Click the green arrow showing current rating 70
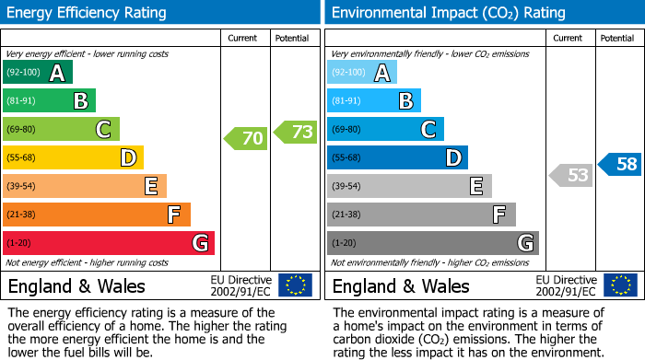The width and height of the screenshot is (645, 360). click(245, 139)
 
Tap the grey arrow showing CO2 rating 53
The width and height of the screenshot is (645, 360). click(570, 175)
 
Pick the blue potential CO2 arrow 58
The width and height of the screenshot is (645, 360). click(620, 165)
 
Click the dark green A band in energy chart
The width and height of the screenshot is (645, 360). click(38, 73)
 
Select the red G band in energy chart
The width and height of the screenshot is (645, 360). click(109, 243)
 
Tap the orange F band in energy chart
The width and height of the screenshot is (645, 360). click(97, 215)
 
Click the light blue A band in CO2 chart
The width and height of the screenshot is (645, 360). click(362, 73)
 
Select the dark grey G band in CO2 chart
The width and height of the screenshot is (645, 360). click(433, 243)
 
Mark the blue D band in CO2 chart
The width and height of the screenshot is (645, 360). click(397, 157)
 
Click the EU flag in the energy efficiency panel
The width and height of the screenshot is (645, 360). click(295, 285)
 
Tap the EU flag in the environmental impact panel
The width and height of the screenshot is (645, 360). click(620, 285)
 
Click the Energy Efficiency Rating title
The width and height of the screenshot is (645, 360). click(88, 13)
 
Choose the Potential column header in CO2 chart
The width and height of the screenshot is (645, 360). click(617, 38)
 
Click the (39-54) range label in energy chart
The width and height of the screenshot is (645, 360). click(21, 187)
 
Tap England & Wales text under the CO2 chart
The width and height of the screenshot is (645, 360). click(401, 286)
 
